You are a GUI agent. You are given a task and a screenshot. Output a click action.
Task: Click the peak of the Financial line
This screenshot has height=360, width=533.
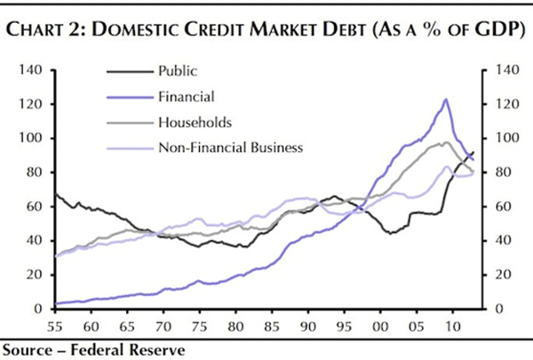click(x=445, y=100)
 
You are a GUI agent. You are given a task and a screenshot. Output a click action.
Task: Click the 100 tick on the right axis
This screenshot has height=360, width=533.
click(x=499, y=139)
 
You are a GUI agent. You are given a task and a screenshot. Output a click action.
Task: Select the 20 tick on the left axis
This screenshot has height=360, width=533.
click(x=35, y=275)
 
